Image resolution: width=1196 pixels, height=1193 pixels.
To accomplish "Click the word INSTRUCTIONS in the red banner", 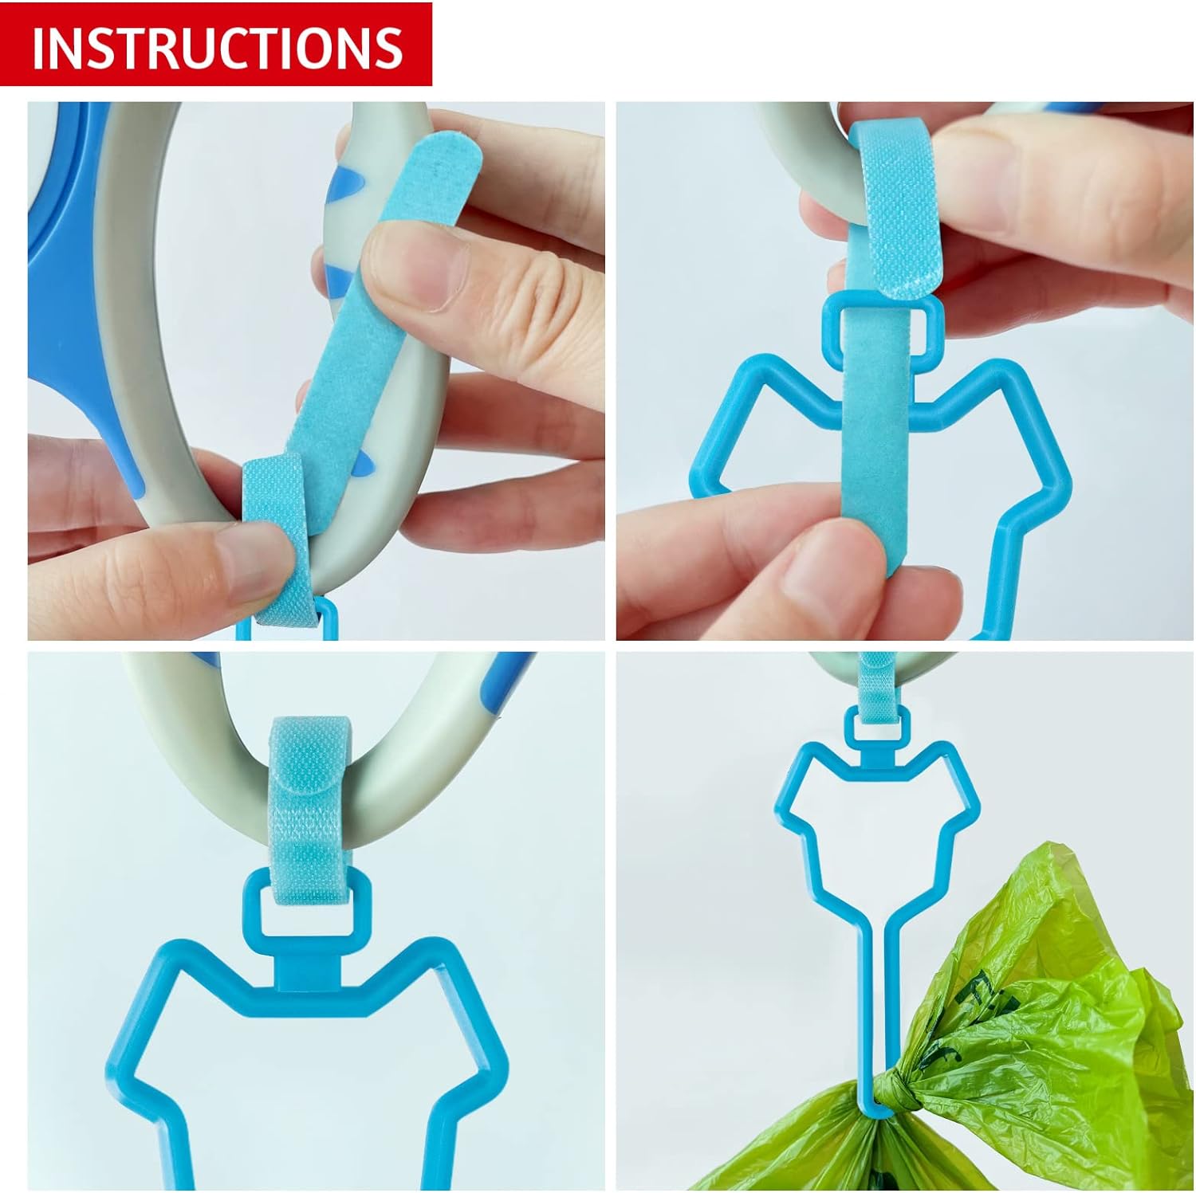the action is pos(217,46).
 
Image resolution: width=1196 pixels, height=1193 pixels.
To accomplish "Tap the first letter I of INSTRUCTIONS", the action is pos(37,47).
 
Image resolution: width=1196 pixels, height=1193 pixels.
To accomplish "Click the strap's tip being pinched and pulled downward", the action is pos(869,550).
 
